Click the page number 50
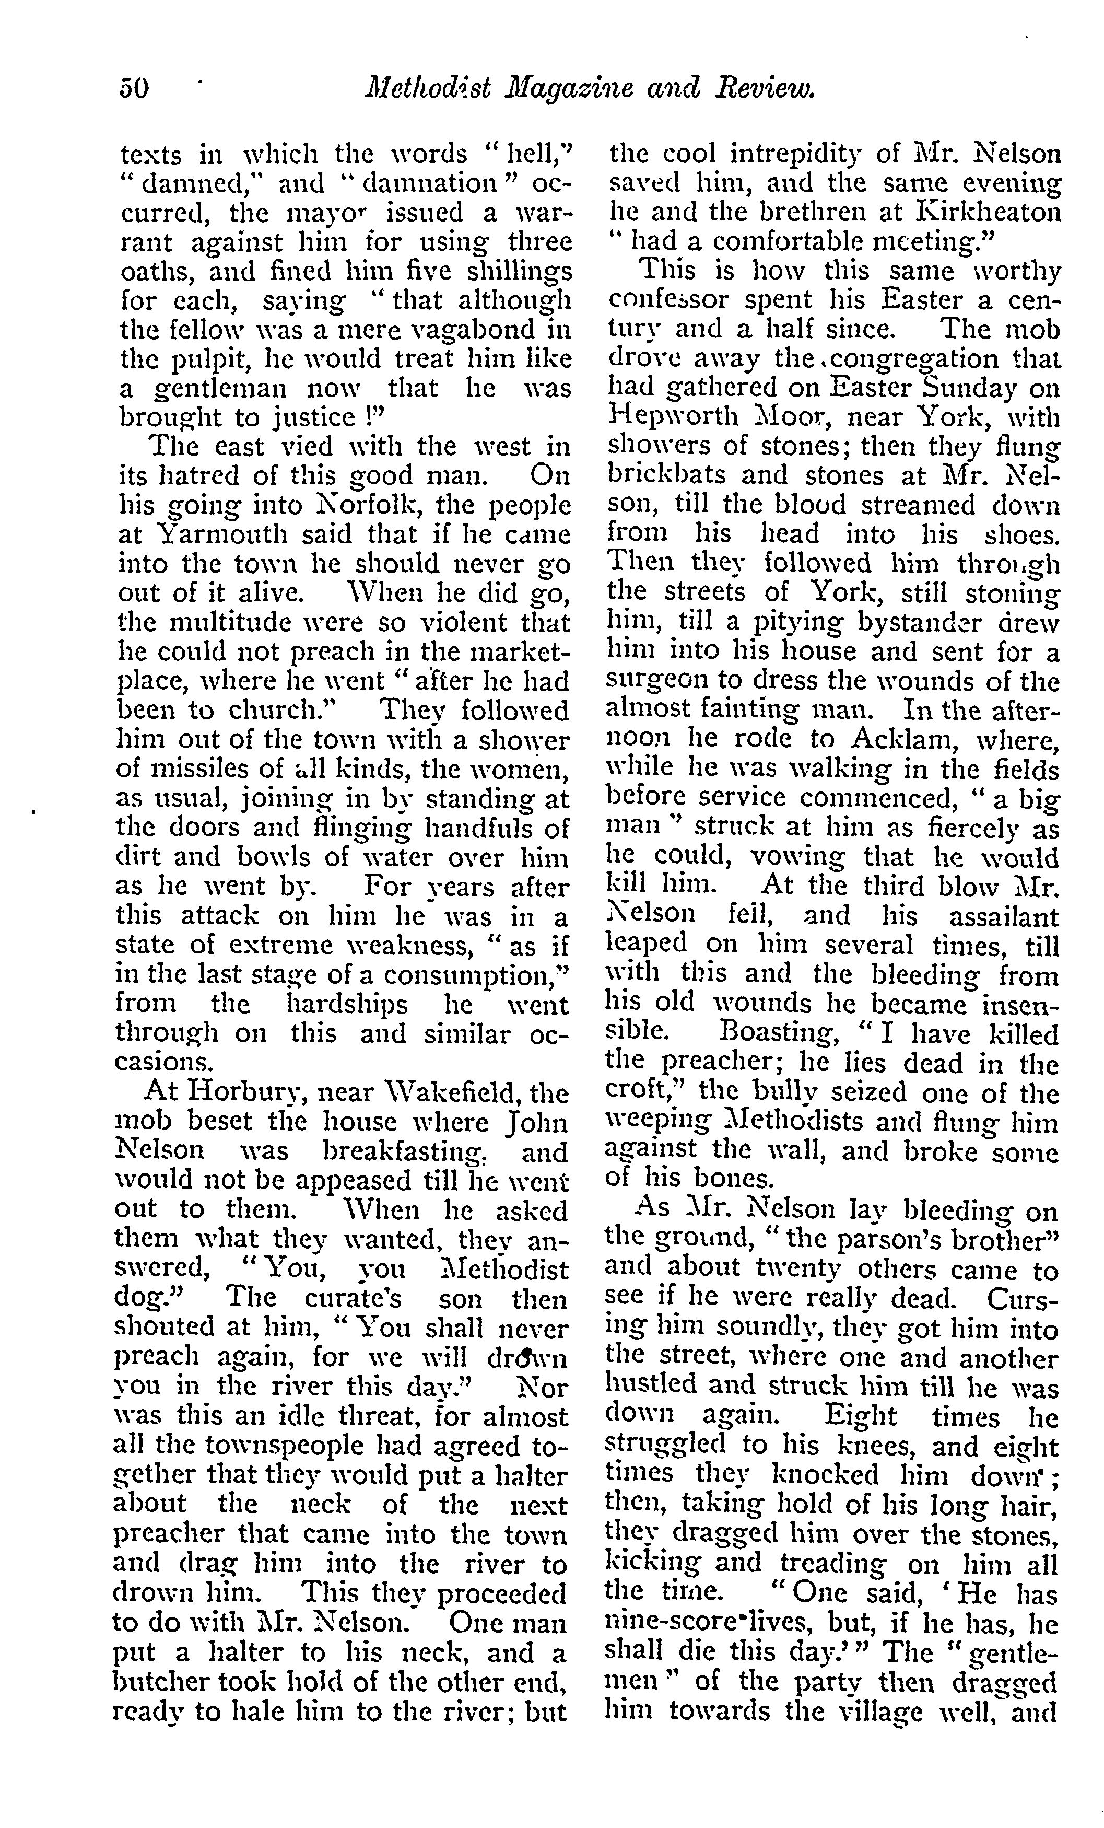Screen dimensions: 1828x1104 point(134,89)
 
